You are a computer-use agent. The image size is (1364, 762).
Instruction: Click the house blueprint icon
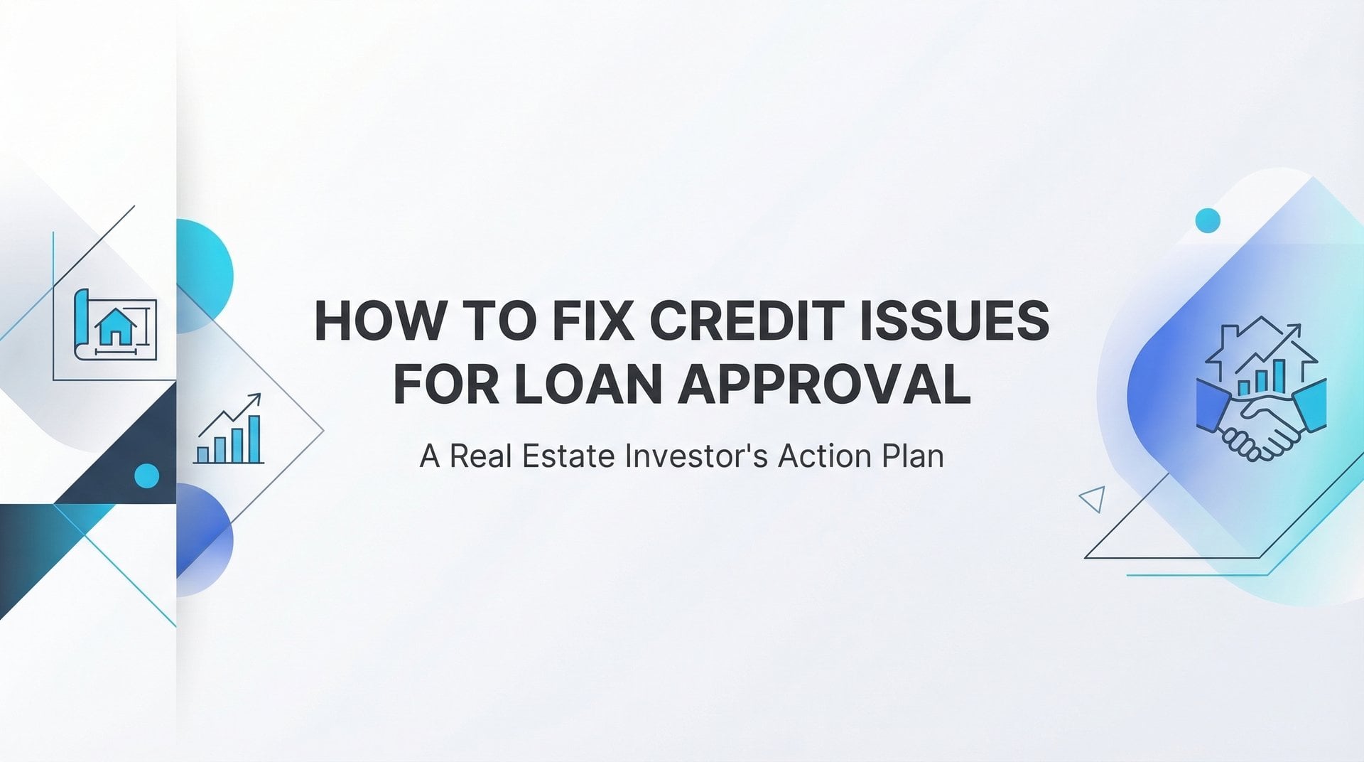point(115,324)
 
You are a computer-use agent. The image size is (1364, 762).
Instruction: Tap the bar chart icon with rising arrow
point(229,429)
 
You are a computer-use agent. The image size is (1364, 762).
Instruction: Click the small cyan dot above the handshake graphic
point(1208,220)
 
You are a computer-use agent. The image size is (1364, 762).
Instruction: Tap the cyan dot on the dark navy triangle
point(147,476)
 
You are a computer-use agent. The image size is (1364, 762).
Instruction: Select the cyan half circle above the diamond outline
point(205,276)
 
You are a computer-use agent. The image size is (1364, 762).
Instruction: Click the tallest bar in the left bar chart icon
point(254,439)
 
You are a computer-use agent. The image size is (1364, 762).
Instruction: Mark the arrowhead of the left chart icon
point(254,399)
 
